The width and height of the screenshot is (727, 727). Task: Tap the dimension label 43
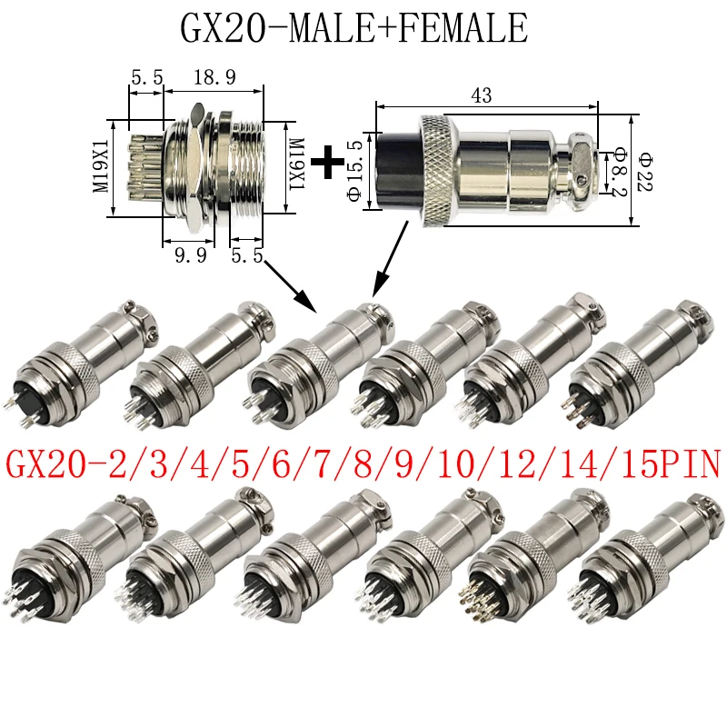click(482, 95)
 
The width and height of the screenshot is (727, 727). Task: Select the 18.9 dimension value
click(214, 77)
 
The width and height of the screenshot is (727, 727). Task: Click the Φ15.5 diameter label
click(355, 171)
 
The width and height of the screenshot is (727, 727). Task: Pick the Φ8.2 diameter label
click(620, 172)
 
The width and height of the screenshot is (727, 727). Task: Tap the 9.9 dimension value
click(191, 255)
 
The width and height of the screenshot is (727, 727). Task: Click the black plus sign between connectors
click(327, 163)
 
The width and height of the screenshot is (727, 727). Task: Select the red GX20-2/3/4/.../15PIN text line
click(363, 464)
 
